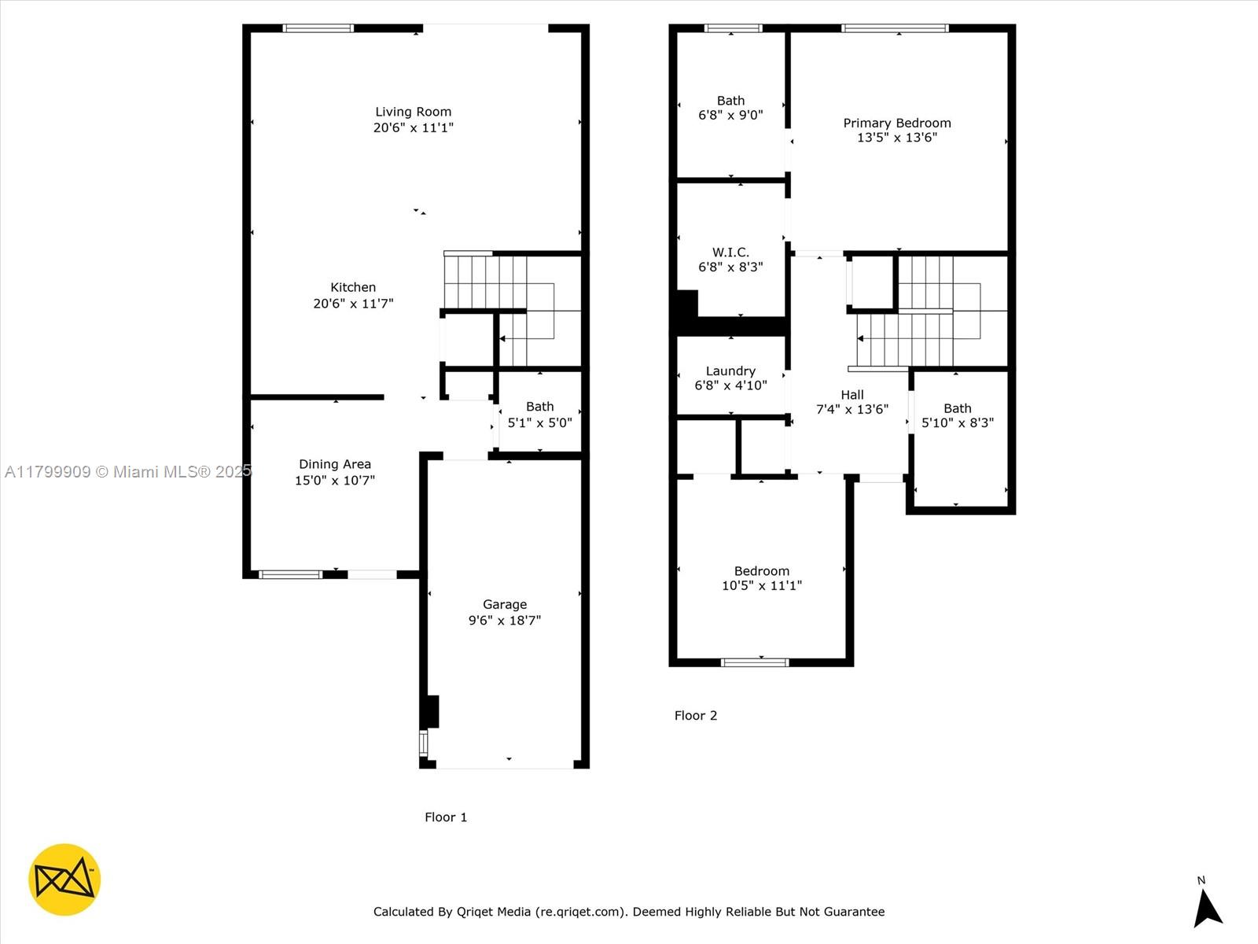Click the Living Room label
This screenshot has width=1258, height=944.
[x=414, y=112]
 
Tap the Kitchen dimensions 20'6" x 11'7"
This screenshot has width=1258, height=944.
[x=353, y=303]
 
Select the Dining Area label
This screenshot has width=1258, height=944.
[x=335, y=464]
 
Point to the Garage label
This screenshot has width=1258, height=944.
[x=504, y=605]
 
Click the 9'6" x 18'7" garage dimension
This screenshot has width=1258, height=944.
[x=504, y=620]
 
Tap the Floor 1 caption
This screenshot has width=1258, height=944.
[x=446, y=817]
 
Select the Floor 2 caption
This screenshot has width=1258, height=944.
[x=696, y=715]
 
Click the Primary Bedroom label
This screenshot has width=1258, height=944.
[x=897, y=124]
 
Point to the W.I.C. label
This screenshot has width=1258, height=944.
[x=730, y=253]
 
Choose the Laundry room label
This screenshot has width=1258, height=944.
[x=730, y=371]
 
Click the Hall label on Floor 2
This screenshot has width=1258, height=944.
[x=852, y=395]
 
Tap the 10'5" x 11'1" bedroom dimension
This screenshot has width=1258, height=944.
[x=762, y=585]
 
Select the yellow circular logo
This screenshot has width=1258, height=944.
[x=64, y=879]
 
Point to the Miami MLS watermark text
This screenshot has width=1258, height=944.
[x=128, y=472]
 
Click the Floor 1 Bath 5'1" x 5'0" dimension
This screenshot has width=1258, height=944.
[x=540, y=423]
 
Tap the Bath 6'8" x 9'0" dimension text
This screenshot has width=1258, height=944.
[x=730, y=115]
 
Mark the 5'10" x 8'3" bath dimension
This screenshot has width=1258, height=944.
[x=958, y=423]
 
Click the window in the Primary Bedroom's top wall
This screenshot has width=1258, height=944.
[x=895, y=28]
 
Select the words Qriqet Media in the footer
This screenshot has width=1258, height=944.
[x=494, y=911]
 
